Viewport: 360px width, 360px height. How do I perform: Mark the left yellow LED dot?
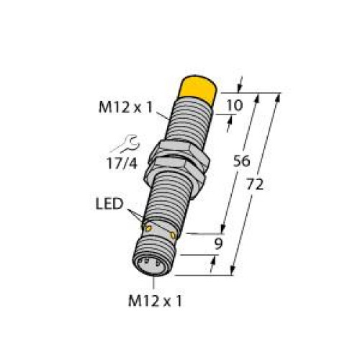[148, 228]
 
